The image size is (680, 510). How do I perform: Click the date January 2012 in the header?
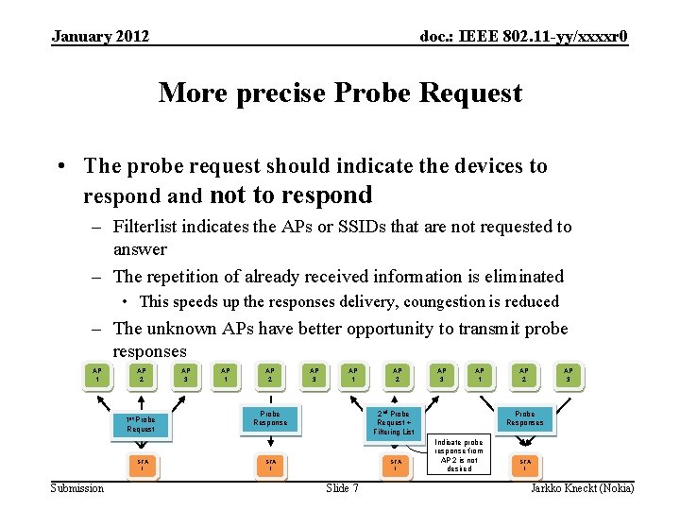100,37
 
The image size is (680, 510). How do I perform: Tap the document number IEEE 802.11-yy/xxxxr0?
523,37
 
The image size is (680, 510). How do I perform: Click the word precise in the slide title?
280,93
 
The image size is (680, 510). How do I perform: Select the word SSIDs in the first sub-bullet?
369,226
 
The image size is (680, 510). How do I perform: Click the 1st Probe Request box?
141,424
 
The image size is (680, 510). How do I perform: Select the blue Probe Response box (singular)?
270,417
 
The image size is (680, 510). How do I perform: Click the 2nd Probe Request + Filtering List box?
393,422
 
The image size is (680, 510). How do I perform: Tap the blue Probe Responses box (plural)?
524,417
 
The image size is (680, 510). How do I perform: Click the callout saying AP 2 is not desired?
459,455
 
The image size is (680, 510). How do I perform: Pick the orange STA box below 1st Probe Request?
141,464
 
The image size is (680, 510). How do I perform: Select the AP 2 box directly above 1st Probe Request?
141,375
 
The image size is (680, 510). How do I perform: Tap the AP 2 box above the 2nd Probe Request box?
398,375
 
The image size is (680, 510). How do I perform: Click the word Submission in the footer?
77,487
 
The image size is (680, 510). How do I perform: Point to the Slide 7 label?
342,487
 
